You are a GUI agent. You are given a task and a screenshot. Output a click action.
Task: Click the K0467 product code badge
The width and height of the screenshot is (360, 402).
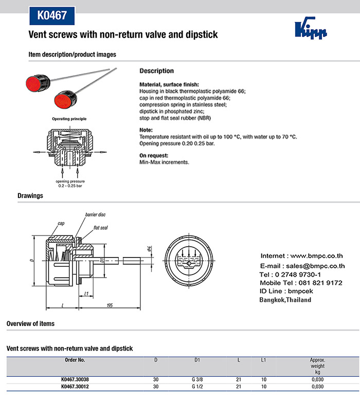[52, 15]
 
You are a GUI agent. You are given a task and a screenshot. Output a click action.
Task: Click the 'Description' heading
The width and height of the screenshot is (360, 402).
[157, 71]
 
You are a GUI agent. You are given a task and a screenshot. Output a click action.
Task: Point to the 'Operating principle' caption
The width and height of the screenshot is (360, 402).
[69, 119]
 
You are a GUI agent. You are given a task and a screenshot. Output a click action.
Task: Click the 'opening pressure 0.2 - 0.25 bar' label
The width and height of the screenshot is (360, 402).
[70, 183]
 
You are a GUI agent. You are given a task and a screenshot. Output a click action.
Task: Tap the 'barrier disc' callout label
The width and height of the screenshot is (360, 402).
[95, 214]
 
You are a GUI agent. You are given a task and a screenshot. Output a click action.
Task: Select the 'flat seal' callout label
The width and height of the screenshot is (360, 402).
[100, 227]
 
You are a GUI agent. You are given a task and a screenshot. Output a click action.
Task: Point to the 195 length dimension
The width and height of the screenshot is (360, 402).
[110, 305]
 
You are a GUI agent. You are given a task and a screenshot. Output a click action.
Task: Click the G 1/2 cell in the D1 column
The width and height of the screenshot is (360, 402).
[197, 386]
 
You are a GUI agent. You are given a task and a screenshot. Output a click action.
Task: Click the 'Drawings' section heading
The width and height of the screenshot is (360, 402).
[30, 196]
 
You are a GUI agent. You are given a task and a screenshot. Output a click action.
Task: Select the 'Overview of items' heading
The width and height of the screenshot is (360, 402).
[30, 323]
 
